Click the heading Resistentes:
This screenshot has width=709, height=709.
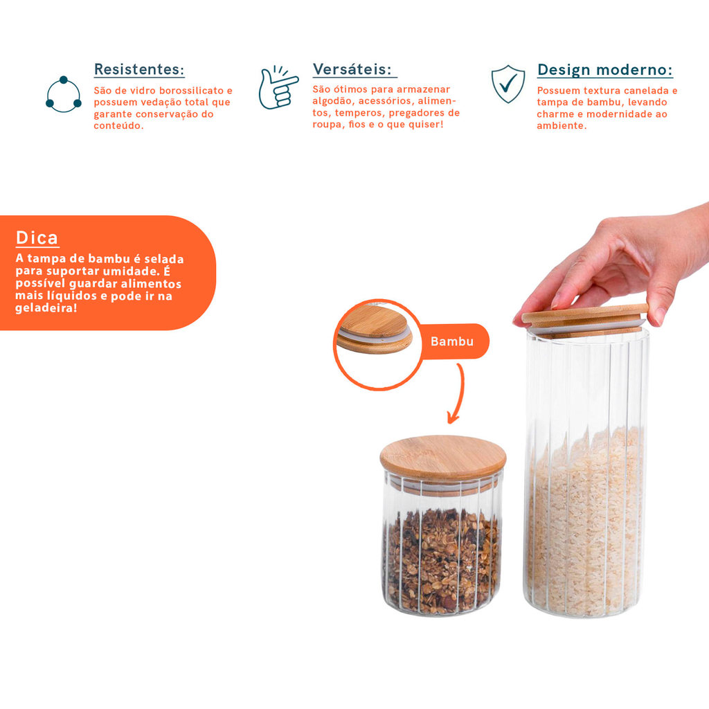139,69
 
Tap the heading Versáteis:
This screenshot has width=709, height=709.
352,69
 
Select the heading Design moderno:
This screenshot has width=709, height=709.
605,70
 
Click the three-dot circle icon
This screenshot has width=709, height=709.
63,94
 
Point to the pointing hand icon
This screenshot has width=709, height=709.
278,87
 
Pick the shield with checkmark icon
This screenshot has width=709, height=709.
508,84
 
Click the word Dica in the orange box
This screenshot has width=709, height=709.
37,238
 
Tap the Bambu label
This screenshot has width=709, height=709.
451,341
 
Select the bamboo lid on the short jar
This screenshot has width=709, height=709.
442,458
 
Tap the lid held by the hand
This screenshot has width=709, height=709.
585,320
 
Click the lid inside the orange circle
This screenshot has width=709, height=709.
375,329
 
